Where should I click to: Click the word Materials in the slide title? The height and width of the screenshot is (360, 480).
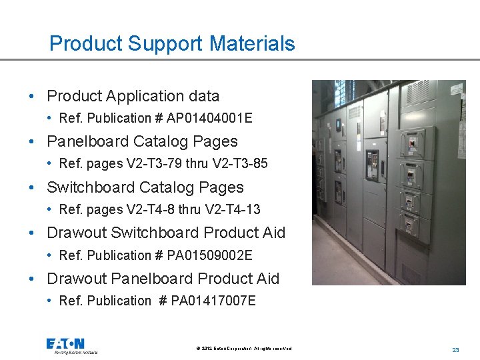(x=251, y=43)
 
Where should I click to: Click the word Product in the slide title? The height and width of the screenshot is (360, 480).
(x=85, y=43)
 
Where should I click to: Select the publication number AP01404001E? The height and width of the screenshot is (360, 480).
(x=211, y=118)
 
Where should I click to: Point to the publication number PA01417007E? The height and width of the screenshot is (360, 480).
(x=213, y=301)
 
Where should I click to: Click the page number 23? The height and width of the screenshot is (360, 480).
(x=456, y=349)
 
